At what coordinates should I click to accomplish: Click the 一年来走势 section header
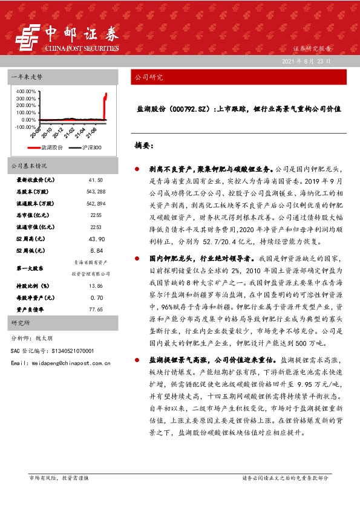click(28, 77)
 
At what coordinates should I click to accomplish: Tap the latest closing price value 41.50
click(96, 180)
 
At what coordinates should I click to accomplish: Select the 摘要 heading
click(143, 146)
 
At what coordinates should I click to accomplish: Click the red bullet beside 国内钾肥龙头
click(137, 258)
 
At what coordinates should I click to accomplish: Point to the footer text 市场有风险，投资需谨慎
click(59, 478)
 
